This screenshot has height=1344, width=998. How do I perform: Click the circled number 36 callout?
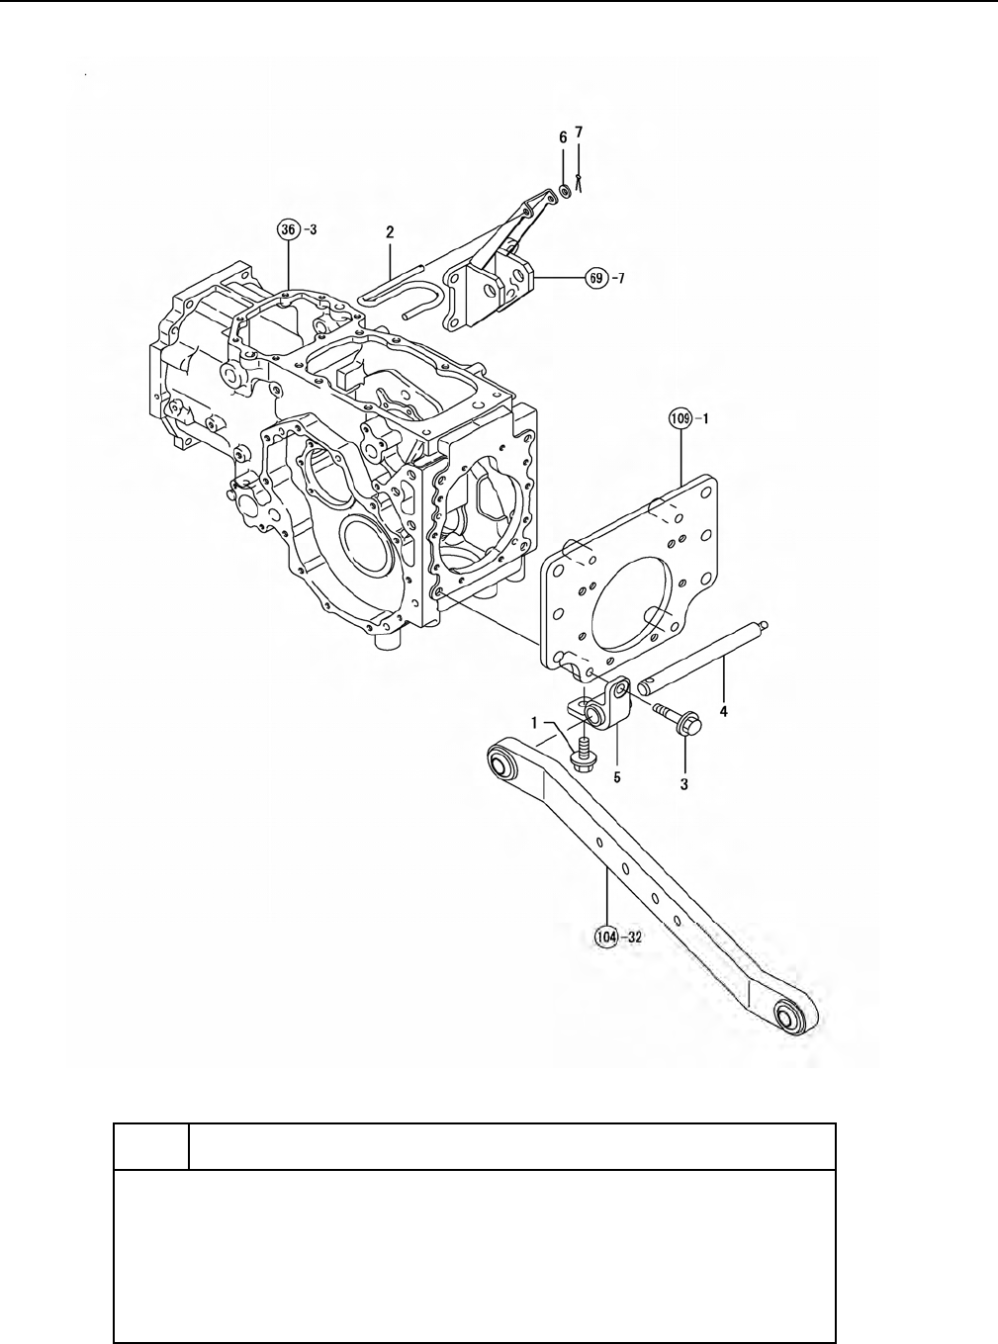tap(288, 229)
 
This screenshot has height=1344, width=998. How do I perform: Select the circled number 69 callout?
tap(596, 278)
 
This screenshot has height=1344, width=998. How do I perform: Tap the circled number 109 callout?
tap(680, 417)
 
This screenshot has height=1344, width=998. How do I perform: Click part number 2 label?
tap(390, 231)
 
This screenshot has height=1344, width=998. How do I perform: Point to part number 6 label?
tap(563, 137)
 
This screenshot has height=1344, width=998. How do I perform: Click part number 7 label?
tap(579, 133)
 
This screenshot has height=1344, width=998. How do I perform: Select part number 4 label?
tap(723, 711)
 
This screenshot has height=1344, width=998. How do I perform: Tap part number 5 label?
tap(616, 776)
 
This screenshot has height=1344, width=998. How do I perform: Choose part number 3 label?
tap(683, 784)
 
